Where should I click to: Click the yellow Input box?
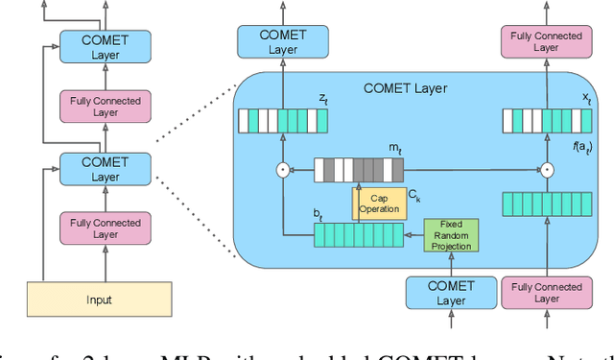click(x=99, y=300)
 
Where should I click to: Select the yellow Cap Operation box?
click(x=380, y=203)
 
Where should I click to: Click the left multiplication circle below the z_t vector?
click(x=282, y=170)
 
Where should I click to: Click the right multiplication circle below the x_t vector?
click(x=546, y=170)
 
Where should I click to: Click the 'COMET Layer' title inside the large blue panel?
click(x=405, y=88)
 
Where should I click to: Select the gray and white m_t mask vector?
click(x=360, y=170)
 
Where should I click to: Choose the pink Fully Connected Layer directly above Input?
click(x=106, y=228)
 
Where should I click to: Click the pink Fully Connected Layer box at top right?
click(x=546, y=41)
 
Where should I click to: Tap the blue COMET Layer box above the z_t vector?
click(x=282, y=41)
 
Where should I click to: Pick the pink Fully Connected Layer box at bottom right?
click(x=546, y=293)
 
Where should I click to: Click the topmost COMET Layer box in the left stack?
click(x=106, y=46)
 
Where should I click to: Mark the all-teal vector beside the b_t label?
click(x=360, y=234)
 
